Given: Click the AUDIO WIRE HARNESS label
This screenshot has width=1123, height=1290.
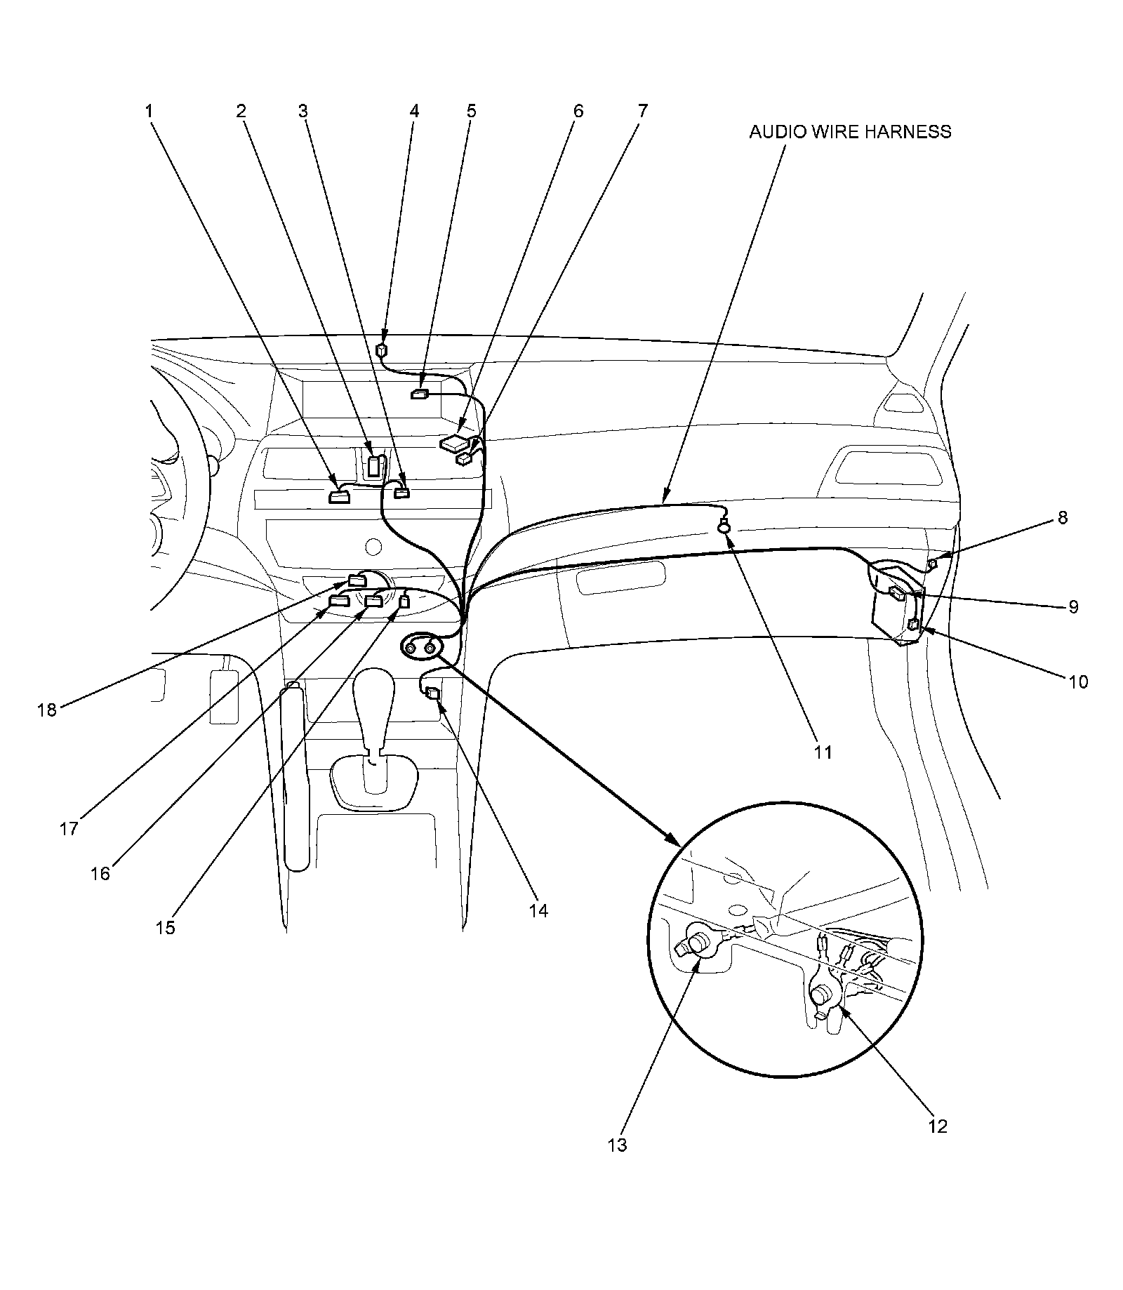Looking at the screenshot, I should point(849,132).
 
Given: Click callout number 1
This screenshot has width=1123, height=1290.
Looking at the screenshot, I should point(149,111).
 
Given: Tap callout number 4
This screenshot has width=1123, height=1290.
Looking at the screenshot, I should point(414,111).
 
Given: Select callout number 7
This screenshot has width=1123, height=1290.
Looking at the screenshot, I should point(642,111).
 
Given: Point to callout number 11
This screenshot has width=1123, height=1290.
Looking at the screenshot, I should point(823,752).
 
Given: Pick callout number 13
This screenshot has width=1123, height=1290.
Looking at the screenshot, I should point(617,1145).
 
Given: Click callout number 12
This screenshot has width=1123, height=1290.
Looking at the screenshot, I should point(938,1126).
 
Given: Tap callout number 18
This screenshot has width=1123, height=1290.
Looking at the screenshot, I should point(46,710).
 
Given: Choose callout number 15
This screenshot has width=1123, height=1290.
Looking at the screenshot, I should point(165,927).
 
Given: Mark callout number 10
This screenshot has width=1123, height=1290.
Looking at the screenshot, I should point(1078,681).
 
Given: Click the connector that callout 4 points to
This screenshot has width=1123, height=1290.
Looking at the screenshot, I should point(382,350).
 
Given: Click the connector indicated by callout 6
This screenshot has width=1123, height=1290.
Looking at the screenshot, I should point(454,443).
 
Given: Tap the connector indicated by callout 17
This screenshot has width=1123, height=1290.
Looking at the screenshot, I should point(339,601).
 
